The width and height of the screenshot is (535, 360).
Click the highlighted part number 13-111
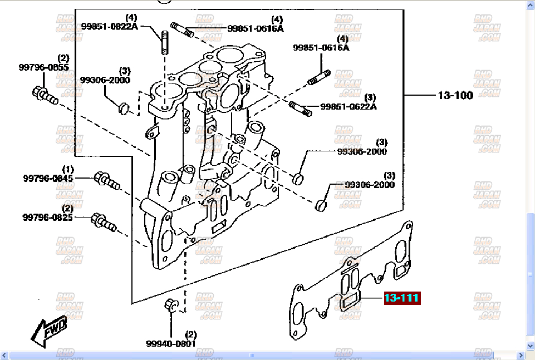click(401, 298)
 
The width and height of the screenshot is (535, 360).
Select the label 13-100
click(455, 95)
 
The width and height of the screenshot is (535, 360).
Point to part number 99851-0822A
click(109, 26)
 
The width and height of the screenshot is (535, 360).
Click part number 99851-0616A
click(255, 28)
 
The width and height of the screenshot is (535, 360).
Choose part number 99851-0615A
click(321, 48)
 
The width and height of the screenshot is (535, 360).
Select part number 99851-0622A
click(349, 106)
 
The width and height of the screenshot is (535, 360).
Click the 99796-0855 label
click(43, 67)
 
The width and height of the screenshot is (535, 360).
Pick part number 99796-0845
click(48, 178)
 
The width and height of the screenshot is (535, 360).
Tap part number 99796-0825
click(48, 217)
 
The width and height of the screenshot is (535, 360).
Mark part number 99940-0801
click(171, 343)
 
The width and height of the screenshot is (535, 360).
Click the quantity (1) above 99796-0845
click(67, 169)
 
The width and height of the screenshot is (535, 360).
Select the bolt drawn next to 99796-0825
click(103, 221)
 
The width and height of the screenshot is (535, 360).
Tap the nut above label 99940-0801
click(171, 305)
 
